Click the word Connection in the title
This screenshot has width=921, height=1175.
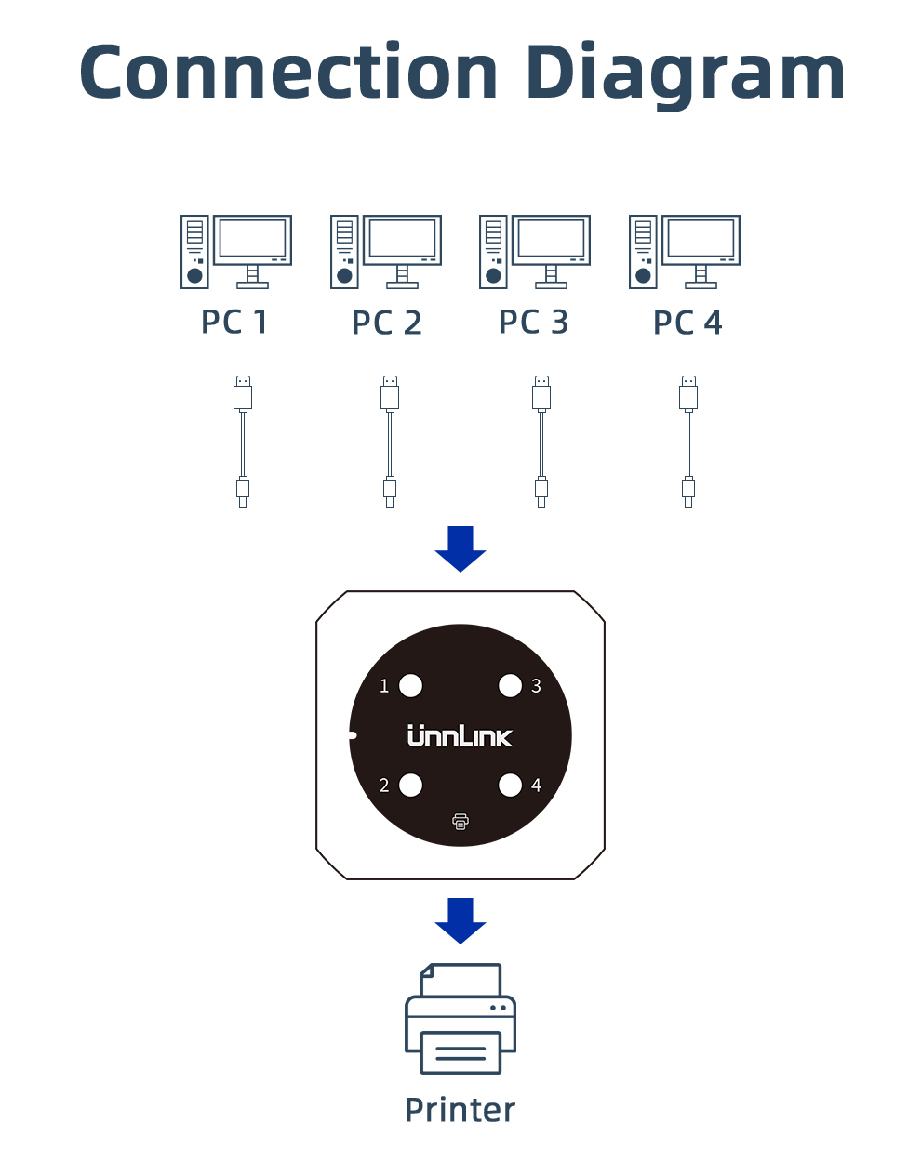[289, 73]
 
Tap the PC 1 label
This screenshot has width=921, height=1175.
[234, 323]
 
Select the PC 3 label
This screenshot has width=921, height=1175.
[533, 323]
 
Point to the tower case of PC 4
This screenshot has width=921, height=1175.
[643, 251]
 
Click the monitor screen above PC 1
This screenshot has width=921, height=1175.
[252, 239]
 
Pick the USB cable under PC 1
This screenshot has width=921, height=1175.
[243, 442]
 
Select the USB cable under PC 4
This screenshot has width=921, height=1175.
[688, 442]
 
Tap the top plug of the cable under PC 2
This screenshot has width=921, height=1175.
[390, 393]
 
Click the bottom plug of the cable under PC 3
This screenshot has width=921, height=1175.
[541, 490]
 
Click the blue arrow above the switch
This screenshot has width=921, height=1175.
[460, 548]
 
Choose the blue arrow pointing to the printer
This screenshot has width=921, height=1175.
[460, 920]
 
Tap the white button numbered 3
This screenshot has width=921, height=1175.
[510, 686]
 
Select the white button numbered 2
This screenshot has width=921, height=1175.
[410, 786]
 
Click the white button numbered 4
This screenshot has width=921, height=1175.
[510, 786]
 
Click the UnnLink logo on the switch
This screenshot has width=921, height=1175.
[460, 736]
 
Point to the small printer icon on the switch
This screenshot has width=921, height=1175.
[460, 821]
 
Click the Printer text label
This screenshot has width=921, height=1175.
[460, 1110]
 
